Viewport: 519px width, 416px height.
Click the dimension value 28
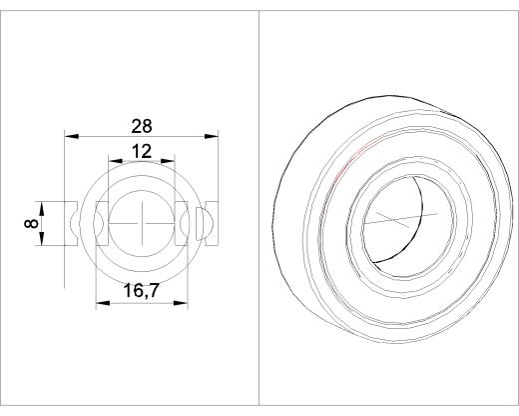click(142, 126)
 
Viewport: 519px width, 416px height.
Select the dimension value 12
click(142, 151)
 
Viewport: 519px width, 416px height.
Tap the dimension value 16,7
click(142, 290)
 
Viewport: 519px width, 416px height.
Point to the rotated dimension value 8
click(31, 223)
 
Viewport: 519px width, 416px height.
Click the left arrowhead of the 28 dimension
click(72, 136)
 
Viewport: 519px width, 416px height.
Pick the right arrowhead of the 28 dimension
click(212, 136)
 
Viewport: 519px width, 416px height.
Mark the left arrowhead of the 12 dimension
click(116, 161)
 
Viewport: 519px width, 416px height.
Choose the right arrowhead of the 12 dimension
click(168, 161)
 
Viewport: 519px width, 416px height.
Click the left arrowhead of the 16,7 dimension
click(103, 303)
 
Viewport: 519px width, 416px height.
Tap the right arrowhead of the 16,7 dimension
click(181, 303)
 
